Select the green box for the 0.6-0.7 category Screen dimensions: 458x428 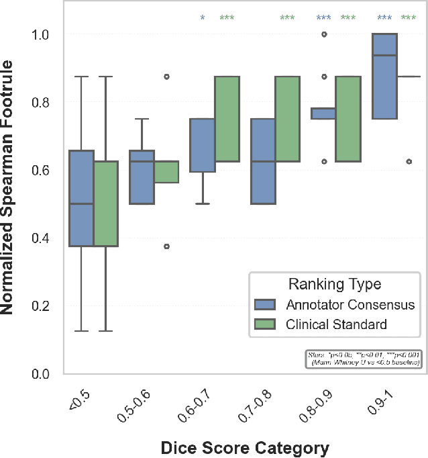227,119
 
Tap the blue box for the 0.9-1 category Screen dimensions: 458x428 384,76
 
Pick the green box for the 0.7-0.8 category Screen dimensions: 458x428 287,119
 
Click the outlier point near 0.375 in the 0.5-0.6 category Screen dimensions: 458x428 166,246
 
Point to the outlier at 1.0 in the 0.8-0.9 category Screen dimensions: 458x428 324,34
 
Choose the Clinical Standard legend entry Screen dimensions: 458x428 327,325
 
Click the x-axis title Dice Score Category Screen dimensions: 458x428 245,447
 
